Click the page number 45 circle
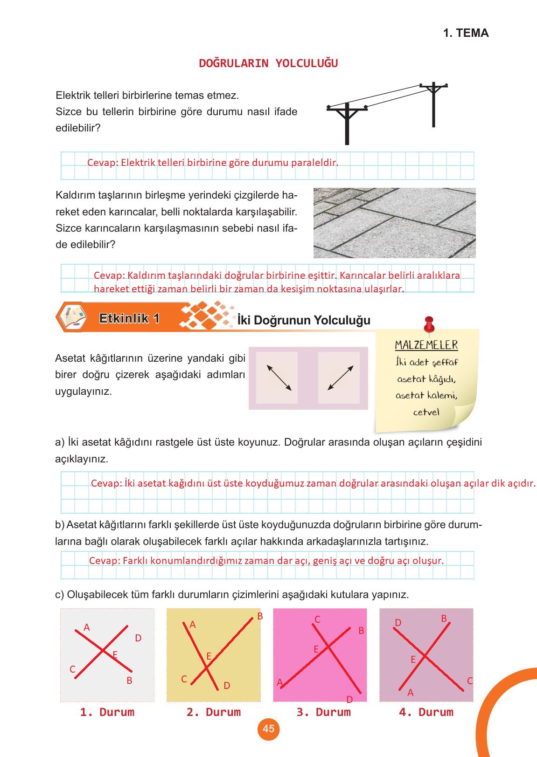[268, 729]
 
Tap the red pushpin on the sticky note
[429, 324]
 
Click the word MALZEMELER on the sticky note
[426, 345]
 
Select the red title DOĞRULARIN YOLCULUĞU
[268, 63]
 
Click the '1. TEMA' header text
[466, 33]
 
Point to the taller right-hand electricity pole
[434, 105]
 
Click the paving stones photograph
[394, 223]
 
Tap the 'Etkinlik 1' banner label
[129, 318]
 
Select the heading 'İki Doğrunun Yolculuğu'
[304, 320]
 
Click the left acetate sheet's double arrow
[279, 378]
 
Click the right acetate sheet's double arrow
[341, 378]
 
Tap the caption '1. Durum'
[107, 712]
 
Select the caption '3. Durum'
[323, 712]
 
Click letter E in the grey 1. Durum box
[115, 655]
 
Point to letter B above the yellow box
[260, 616]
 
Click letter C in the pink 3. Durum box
[317, 619]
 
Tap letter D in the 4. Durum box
[398, 623]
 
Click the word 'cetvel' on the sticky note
[426, 412]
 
